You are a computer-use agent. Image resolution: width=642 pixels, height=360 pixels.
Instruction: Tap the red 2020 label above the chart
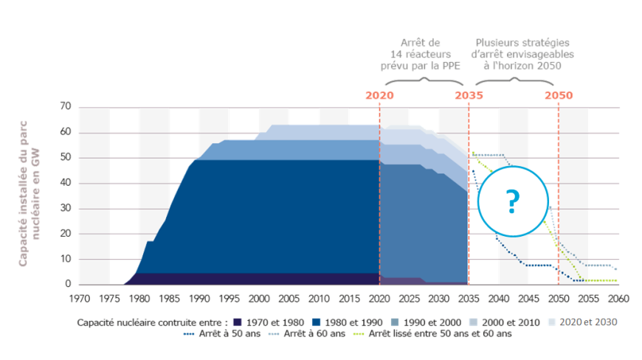tap(379, 96)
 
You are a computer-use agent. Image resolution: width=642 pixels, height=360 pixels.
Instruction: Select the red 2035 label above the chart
tap(469, 96)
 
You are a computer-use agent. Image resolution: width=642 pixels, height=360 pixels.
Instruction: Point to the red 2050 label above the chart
tap(559, 96)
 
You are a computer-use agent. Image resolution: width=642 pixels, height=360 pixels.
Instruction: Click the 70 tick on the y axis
tap(65, 108)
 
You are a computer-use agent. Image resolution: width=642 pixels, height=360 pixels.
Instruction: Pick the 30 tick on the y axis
tap(65, 209)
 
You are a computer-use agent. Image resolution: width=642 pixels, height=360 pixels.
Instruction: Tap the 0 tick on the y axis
tap(68, 284)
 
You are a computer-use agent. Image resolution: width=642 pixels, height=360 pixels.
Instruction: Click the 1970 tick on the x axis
tap(79, 299)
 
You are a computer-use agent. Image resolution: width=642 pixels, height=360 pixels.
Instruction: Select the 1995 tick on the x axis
tap(229, 299)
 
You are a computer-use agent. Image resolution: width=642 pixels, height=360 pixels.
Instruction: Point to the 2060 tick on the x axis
tap(618, 299)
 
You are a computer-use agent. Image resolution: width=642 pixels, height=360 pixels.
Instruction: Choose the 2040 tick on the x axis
tap(499, 299)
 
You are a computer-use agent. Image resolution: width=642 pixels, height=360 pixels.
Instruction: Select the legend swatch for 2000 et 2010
tap(475, 322)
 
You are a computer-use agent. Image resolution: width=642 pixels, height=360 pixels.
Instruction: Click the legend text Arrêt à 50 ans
tap(233, 333)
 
